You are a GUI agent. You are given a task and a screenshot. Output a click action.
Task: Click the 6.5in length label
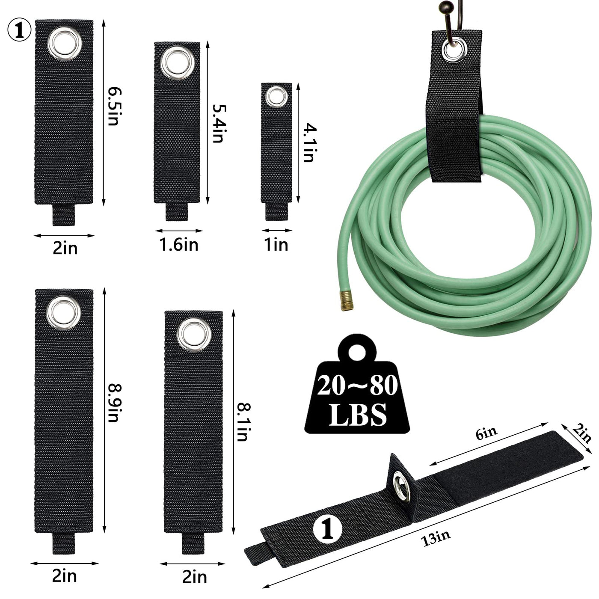click(113, 106)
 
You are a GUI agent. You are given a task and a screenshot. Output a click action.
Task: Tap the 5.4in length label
click(219, 123)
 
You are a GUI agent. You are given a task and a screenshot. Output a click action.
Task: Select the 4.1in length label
click(310, 143)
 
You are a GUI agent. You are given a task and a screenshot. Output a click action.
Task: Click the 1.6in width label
click(179, 244)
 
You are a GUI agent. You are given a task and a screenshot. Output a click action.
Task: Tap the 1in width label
click(276, 244)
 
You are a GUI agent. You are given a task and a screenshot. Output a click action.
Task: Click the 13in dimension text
click(436, 538)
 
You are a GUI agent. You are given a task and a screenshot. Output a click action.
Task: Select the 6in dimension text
click(486, 433)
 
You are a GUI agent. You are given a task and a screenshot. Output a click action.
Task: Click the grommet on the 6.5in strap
click(65, 44)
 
